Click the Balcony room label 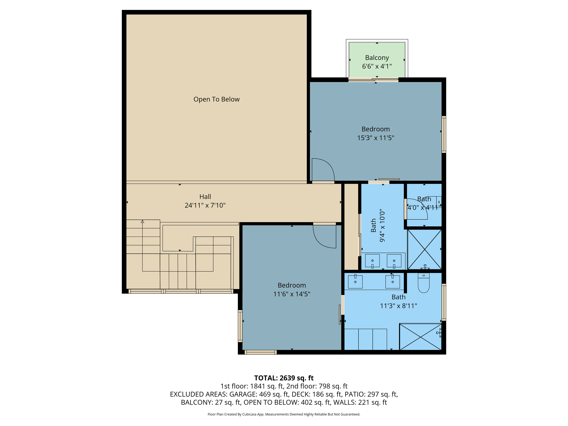[377, 58]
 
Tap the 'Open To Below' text [216, 99]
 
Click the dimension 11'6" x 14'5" [292, 294]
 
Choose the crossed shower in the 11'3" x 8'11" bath [420, 337]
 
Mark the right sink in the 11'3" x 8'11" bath [393, 282]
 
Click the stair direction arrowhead [142, 221]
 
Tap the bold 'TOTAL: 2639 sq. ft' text [284, 378]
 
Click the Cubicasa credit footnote [284, 414]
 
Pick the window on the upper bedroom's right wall [444, 135]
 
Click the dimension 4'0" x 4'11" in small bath [424, 208]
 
